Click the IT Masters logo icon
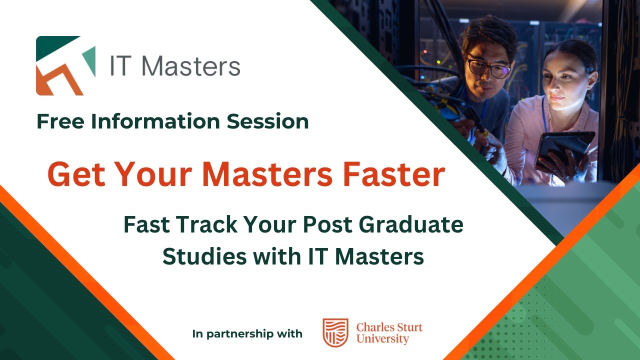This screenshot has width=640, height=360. [65, 65]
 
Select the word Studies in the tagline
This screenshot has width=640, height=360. [205, 256]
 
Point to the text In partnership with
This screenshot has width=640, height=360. [247, 333]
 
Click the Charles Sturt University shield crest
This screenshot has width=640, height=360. [335, 332]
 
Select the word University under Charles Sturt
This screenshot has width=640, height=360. [383, 339]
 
